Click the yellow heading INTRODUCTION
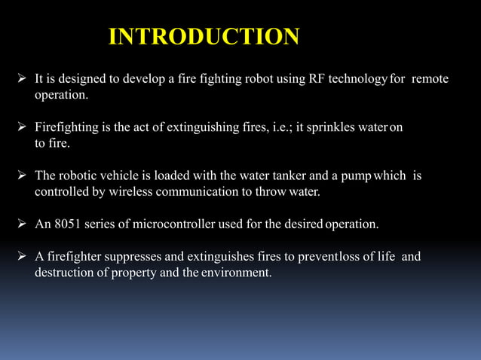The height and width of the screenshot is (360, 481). pyautogui.click(x=204, y=36)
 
